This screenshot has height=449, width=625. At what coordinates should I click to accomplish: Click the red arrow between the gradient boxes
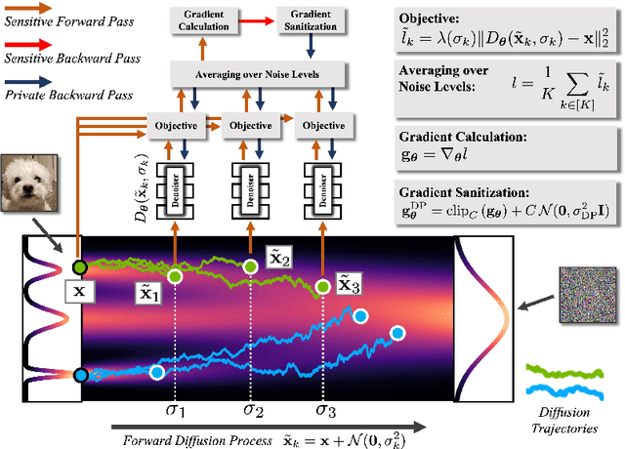257,19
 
